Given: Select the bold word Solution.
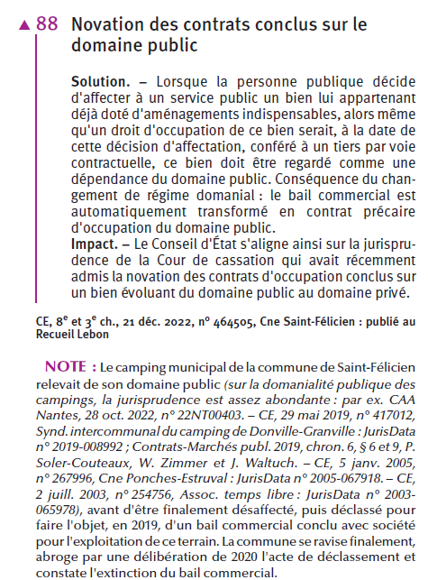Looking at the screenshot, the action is tap(100, 82).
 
